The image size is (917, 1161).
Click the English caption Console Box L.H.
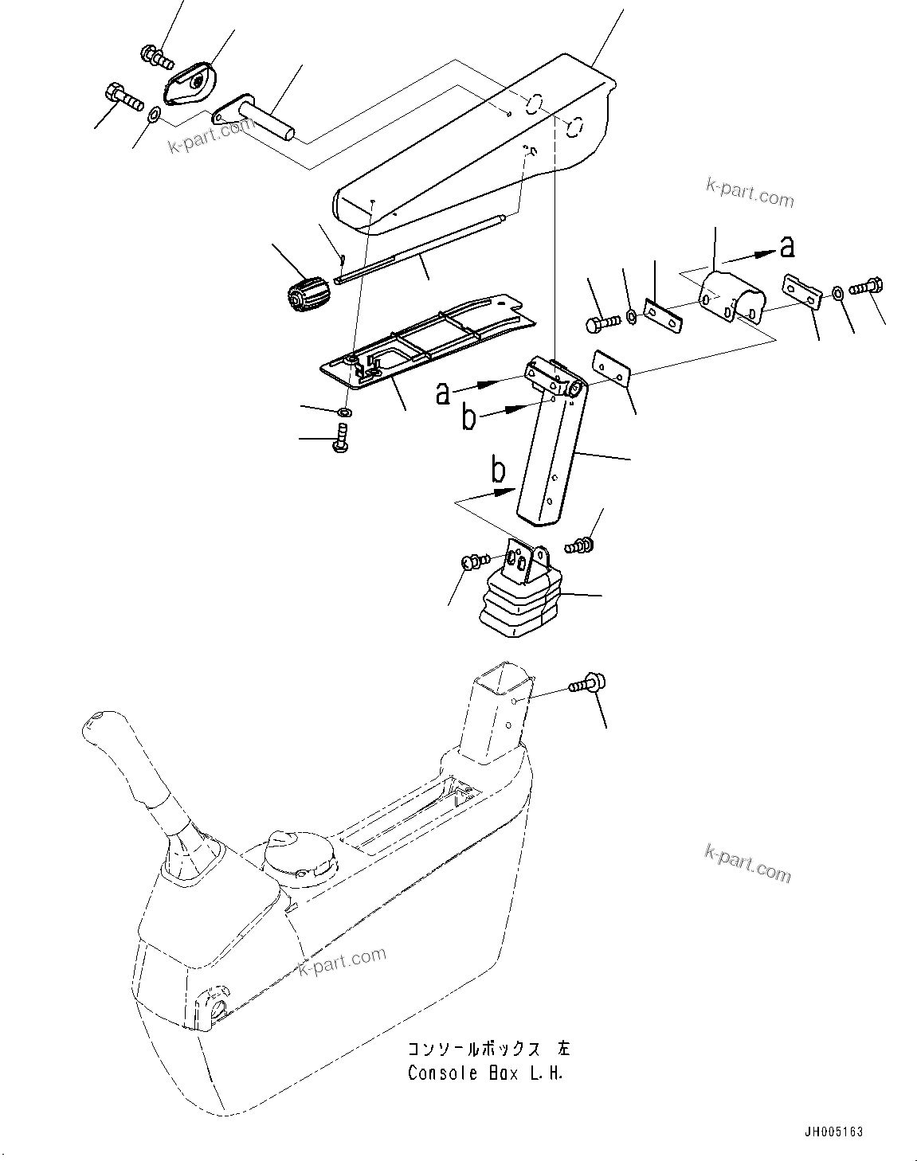point(485,1073)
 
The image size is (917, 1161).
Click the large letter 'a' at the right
point(786,248)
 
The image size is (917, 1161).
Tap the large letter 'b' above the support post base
point(497,471)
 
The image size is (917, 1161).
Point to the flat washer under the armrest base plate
point(345,412)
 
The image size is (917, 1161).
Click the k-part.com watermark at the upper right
point(750,191)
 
